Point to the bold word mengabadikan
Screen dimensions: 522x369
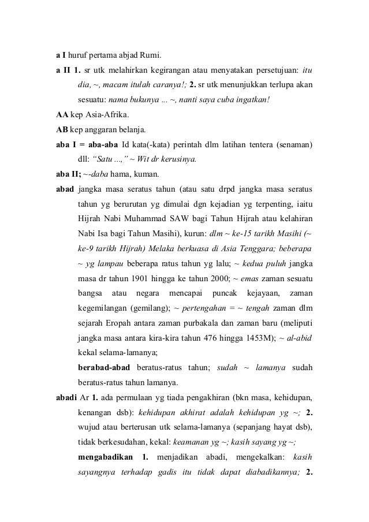coord(106,458)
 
